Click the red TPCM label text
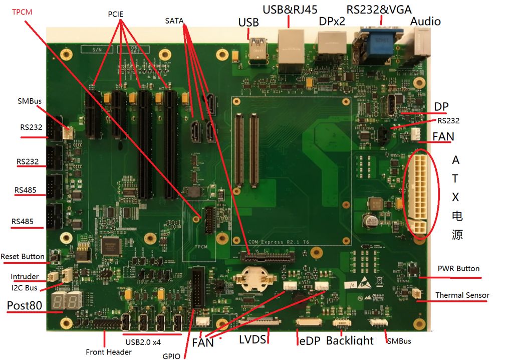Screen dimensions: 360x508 point(22,12)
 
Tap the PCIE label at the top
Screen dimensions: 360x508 point(115,14)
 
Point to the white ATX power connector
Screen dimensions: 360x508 point(417,193)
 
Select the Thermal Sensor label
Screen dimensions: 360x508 point(462,295)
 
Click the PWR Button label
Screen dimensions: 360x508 point(458,269)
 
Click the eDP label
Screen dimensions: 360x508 point(308,341)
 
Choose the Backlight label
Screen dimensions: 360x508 point(350,341)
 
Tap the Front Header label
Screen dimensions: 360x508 point(109,352)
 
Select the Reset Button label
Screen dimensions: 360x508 point(23,257)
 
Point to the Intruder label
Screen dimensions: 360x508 point(25,277)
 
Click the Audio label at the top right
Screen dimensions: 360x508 point(425,21)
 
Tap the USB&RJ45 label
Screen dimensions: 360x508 point(290,9)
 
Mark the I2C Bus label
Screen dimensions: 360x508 point(25,288)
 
